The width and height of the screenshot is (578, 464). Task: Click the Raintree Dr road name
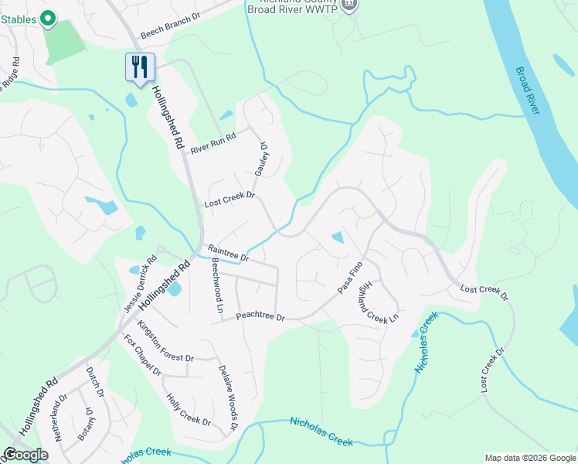228,252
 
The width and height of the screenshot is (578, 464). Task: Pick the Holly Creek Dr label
189,409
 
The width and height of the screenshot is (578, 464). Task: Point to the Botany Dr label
90,425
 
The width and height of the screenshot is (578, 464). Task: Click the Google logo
25,455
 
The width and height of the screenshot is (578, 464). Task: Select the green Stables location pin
48,17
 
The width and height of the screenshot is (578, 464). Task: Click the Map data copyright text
529,458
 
